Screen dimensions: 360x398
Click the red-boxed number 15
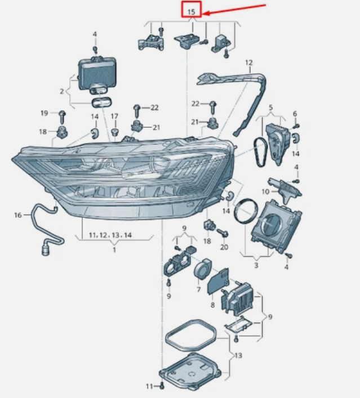tap(192, 12)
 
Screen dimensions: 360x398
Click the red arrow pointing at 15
tap(235, 9)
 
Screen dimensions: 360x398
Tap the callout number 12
tap(249, 62)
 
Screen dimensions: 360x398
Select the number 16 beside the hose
tap(18, 215)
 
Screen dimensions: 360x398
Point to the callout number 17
tap(114, 117)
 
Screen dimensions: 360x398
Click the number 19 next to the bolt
tap(45, 113)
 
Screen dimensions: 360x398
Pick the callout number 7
tap(198, 289)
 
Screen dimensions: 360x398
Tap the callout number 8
tap(212, 305)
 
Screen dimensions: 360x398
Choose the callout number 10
tap(265, 191)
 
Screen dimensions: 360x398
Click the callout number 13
tap(238, 355)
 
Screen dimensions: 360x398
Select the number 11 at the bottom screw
tap(149, 387)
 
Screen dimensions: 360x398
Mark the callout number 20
tap(224, 247)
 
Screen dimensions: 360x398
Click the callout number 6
tap(295, 114)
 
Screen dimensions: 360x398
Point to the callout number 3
tap(256, 266)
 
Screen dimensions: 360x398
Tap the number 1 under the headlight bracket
tap(114, 250)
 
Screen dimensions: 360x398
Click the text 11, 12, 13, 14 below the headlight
tap(110, 235)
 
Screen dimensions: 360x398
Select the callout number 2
tap(62, 91)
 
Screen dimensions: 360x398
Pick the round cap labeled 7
tap(202, 269)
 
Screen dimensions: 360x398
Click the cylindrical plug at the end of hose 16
tap(45, 251)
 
